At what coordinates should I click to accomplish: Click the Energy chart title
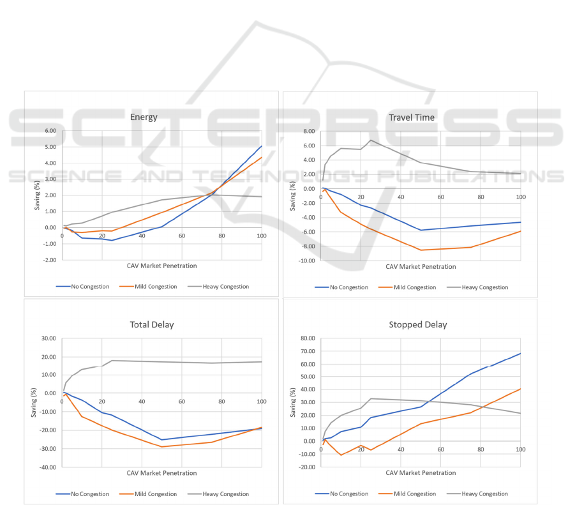(x=144, y=117)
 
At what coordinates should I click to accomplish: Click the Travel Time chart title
(x=412, y=117)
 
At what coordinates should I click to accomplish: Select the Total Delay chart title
(x=151, y=324)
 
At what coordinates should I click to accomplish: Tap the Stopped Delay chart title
(x=417, y=324)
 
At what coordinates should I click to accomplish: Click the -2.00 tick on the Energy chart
(x=48, y=260)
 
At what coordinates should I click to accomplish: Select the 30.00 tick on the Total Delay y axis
(x=48, y=338)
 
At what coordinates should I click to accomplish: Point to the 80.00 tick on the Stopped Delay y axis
(x=307, y=338)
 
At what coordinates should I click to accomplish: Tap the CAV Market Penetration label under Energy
(x=161, y=266)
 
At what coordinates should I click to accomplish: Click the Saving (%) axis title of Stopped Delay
(x=294, y=403)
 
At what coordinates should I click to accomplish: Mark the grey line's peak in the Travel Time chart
(x=371, y=140)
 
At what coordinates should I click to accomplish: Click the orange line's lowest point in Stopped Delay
(x=341, y=455)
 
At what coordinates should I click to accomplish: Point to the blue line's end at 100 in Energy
(x=262, y=146)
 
